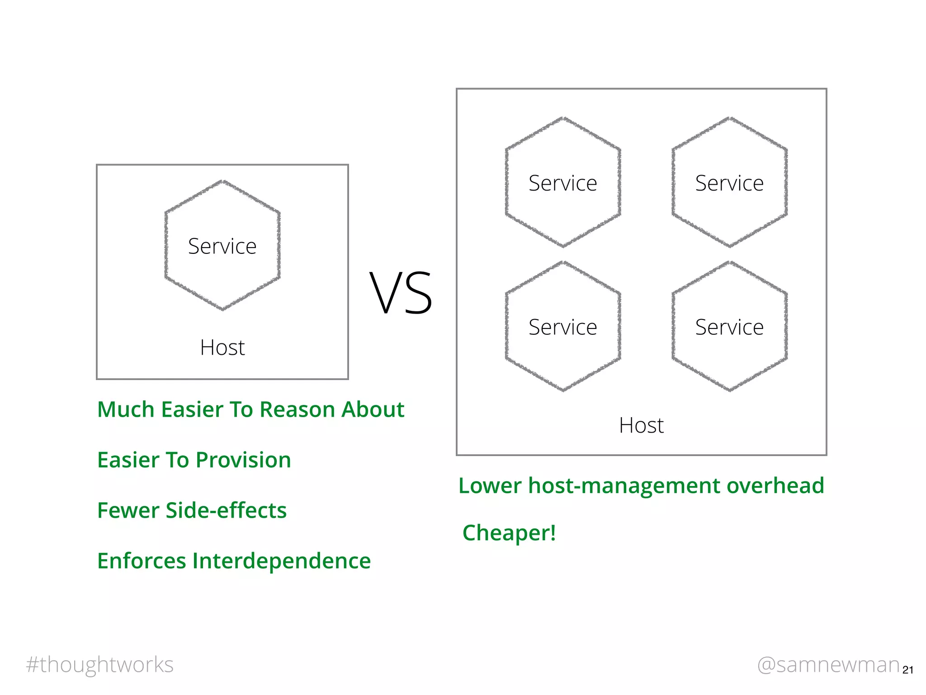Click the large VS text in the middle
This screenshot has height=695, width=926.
401,293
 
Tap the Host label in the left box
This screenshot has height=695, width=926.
222,347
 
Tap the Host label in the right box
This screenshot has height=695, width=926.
641,425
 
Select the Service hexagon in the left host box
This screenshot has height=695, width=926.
222,246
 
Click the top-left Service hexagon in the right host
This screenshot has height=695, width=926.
563,183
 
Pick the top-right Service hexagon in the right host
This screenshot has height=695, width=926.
729,183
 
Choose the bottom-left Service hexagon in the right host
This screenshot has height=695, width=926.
563,327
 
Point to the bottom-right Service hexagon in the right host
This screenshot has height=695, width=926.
729,327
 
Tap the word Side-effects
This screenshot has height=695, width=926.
226,510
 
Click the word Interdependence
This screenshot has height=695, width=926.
281,561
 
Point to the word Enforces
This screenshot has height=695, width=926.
142,561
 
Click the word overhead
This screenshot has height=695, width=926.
775,486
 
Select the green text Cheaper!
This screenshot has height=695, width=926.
509,533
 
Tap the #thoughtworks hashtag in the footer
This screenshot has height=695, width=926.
100,665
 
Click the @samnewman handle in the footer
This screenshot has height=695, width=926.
828,665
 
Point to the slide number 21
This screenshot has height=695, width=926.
907,670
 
